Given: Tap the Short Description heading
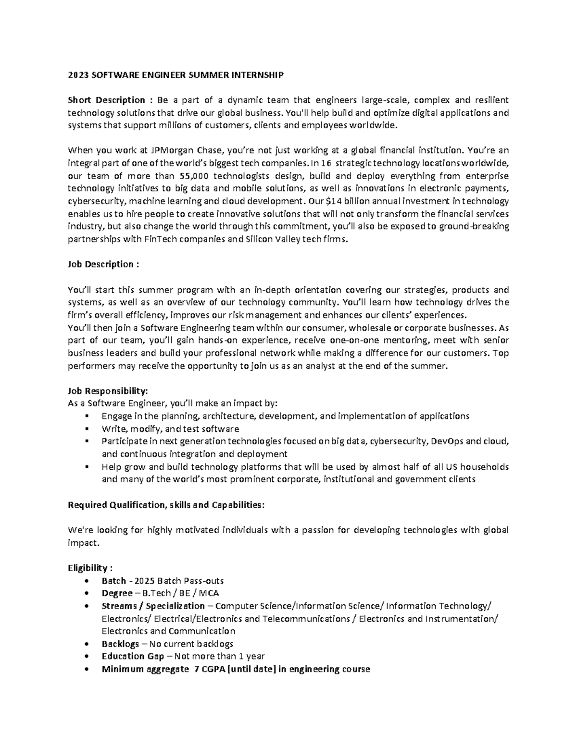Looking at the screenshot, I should tap(106, 100).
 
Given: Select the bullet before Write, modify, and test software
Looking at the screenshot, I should tap(87, 429).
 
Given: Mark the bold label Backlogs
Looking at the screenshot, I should tap(120, 644).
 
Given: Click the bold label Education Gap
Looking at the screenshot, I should tap(130, 656).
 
